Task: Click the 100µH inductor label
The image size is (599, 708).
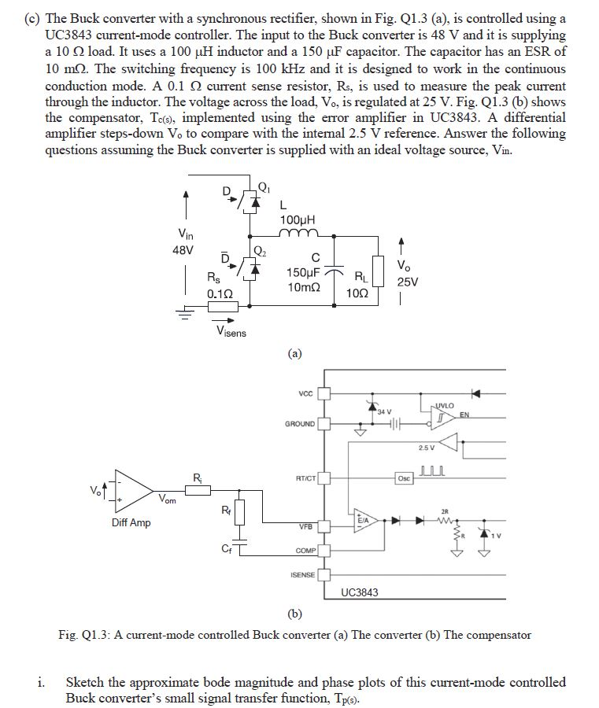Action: click(298, 219)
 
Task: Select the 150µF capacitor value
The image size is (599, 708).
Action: click(303, 273)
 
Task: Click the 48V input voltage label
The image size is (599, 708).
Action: click(183, 251)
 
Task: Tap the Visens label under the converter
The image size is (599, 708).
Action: click(231, 332)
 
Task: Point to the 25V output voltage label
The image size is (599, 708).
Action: click(408, 282)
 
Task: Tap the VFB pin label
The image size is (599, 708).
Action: click(306, 525)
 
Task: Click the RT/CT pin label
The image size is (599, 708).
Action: click(305, 478)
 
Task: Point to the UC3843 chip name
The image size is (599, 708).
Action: click(360, 592)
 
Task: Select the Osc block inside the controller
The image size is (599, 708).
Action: click(403, 478)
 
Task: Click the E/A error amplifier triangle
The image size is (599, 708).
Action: click(364, 519)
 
